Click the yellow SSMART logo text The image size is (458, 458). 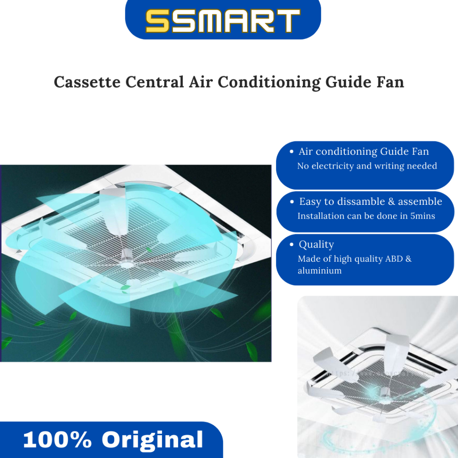tap(223, 21)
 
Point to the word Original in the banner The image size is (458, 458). tap(152, 440)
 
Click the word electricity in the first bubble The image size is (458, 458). tap(336, 166)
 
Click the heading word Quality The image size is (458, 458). tap(317, 245)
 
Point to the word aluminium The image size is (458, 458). tap(319, 271)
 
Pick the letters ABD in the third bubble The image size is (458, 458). tap(393, 259)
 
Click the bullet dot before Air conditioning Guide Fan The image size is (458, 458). tap(292, 152)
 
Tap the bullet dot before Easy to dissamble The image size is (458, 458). tap(292, 202)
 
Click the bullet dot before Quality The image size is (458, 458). tap(292, 245)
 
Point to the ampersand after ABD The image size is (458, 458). tap(408, 259)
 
